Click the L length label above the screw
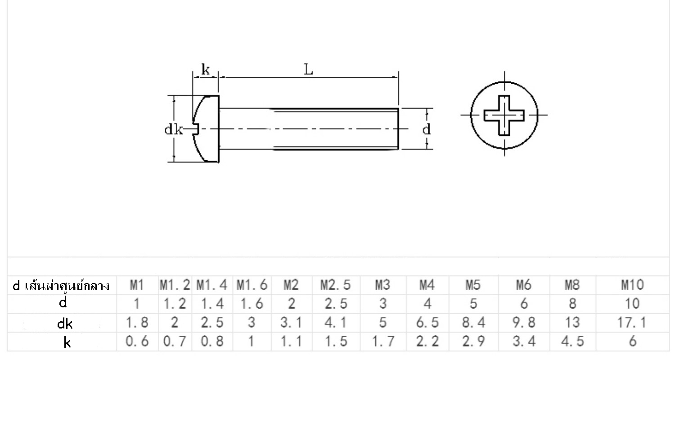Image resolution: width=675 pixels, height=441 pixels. [308, 70]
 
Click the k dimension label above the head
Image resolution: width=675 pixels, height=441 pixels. [205, 70]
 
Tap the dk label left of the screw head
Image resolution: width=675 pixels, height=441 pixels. [173, 130]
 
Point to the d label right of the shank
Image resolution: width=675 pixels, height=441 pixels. [426, 130]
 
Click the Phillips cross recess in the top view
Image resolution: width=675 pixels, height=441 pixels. [504, 115]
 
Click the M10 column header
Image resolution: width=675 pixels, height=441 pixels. [632, 285]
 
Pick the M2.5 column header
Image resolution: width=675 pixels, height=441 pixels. [336, 285]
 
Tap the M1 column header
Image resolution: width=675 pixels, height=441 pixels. [137, 285]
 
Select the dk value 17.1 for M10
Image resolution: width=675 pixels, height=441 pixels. [632, 323]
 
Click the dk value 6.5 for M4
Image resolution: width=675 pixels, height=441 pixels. [427, 323]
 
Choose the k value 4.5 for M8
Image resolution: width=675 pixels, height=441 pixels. [572, 342]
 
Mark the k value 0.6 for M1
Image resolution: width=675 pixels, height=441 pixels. [137, 342]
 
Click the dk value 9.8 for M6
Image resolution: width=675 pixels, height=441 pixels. [524, 323]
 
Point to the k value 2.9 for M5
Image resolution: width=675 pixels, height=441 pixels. [473, 342]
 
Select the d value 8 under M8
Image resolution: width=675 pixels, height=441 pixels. [572, 304]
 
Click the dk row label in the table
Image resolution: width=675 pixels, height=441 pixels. [65, 324]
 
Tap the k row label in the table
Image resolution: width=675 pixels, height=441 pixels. [67, 343]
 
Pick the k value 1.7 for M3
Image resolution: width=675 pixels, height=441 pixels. [383, 342]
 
